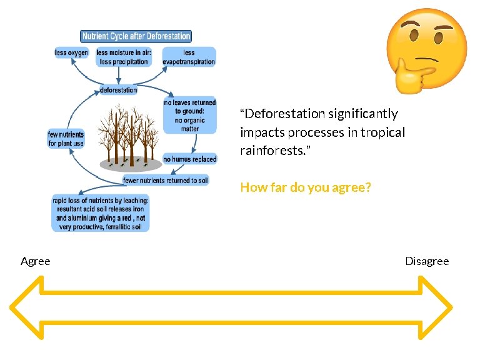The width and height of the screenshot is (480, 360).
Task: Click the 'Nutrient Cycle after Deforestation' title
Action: click(x=136, y=36)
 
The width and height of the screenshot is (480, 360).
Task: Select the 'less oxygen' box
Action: click(x=71, y=53)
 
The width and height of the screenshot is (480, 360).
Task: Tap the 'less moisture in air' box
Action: click(x=124, y=57)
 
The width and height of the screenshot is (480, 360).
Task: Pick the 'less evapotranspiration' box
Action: click(x=189, y=57)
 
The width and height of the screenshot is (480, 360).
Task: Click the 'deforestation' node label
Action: click(x=118, y=90)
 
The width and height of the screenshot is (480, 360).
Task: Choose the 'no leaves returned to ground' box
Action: click(x=189, y=115)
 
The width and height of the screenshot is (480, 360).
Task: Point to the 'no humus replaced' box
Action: click(x=189, y=159)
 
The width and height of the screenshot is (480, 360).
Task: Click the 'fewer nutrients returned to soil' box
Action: click(x=166, y=181)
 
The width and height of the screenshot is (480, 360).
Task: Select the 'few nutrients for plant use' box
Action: click(x=66, y=139)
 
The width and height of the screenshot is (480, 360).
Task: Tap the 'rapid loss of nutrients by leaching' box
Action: click(x=101, y=213)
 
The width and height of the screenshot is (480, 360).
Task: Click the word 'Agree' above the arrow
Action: click(x=36, y=261)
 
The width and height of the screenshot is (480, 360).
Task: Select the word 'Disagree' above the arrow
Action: click(x=427, y=261)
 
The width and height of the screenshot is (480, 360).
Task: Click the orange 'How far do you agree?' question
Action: click(x=306, y=187)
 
